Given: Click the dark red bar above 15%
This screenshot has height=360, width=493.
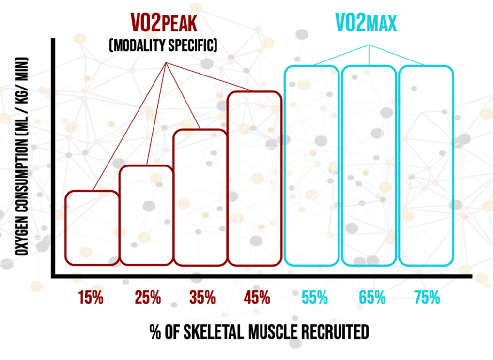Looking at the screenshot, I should [92, 228].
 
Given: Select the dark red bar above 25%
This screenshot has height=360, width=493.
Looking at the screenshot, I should [146, 215].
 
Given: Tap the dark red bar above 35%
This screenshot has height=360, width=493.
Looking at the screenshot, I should [200, 197].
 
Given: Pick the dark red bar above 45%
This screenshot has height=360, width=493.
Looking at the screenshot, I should [254, 179].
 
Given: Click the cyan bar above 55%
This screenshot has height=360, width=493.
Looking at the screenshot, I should [311, 165].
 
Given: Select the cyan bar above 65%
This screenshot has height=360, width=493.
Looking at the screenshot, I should [369, 165].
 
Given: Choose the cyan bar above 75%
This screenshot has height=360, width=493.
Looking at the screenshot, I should [426, 165].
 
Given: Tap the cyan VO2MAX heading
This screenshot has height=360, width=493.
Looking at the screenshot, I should [366, 22].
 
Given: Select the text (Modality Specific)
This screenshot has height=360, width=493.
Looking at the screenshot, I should [163, 46].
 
